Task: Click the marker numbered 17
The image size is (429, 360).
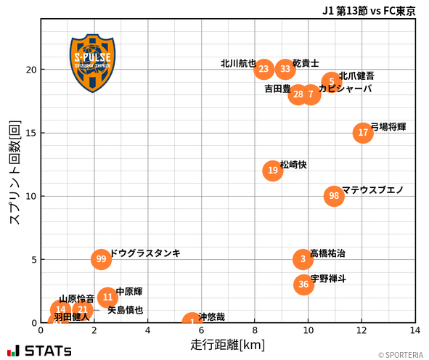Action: point(363,133)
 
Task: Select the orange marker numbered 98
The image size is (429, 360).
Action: point(334,196)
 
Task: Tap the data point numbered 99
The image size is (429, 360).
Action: point(101,259)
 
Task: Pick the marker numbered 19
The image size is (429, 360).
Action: point(272,171)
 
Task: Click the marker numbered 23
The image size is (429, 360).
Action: point(264,70)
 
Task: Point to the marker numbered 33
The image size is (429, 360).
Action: point(285,70)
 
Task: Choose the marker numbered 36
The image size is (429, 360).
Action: point(303,285)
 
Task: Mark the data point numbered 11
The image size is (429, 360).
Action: point(107,297)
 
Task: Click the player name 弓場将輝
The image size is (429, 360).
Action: point(388,127)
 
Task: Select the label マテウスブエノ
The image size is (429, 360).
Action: point(372,190)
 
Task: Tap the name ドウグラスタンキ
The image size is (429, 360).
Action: point(145,253)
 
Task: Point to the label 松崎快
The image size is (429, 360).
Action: point(293,165)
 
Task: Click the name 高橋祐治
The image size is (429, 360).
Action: point(327,253)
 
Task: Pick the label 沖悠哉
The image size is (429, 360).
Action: point(211,317)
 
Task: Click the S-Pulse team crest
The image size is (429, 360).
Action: point(92,63)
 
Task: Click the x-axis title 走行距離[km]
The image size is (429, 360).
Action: point(227,343)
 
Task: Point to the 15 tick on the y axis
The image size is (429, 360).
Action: point(31,133)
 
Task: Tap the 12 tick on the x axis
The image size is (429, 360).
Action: point(361,330)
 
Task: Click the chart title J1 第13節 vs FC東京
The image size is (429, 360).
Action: point(369,11)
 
